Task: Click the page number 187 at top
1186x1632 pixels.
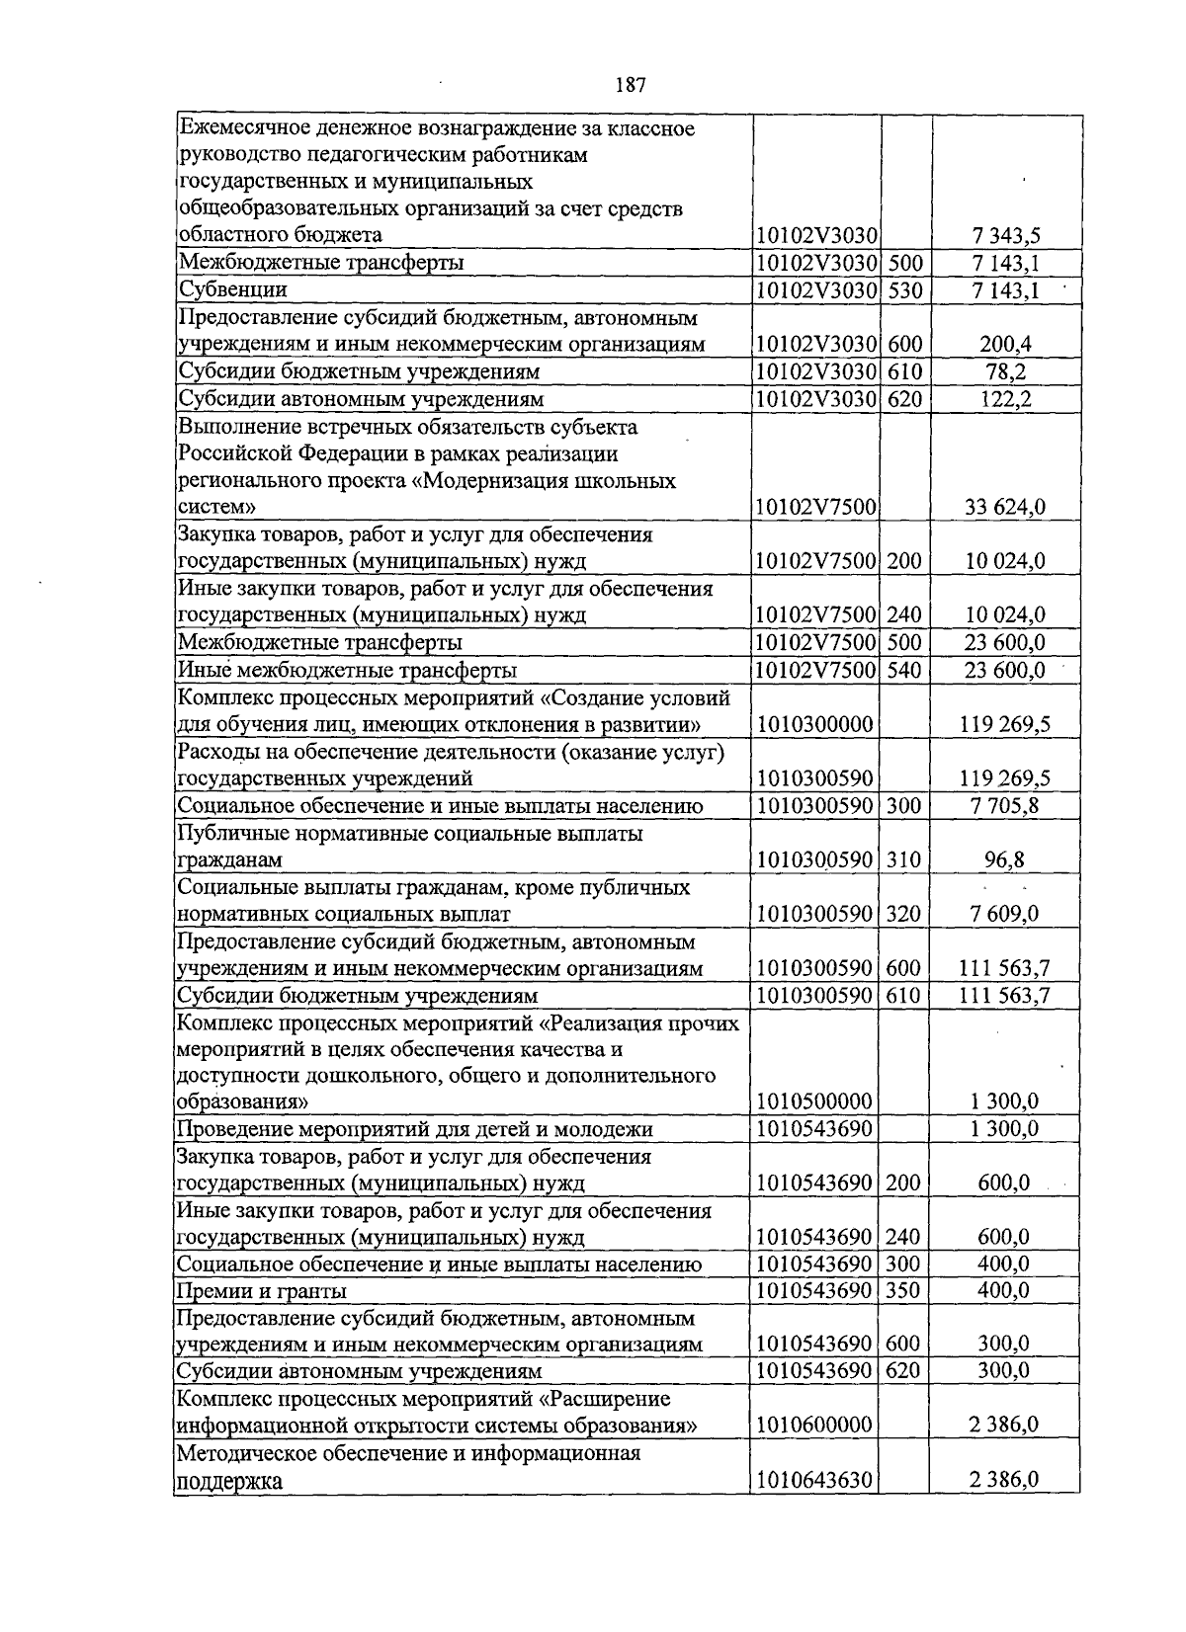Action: [630, 85]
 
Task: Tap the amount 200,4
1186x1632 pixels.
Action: [1004, 345]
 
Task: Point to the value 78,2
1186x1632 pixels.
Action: [1004, 372]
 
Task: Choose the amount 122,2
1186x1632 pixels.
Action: [1004, 399]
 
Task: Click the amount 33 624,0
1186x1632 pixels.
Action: [1004, 508]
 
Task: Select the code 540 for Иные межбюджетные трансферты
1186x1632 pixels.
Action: [904, 671]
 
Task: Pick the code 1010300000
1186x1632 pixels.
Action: [815, 725]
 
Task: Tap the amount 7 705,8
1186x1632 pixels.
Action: [1004, 806]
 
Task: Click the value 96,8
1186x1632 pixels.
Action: [1004, 860]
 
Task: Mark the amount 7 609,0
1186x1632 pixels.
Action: [1004, 914]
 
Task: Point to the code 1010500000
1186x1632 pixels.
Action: [815, 1102]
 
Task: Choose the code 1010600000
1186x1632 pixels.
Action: [815, 1426]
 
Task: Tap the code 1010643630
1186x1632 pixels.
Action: [815, 1480]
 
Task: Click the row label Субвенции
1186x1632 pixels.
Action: [233, 290]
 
